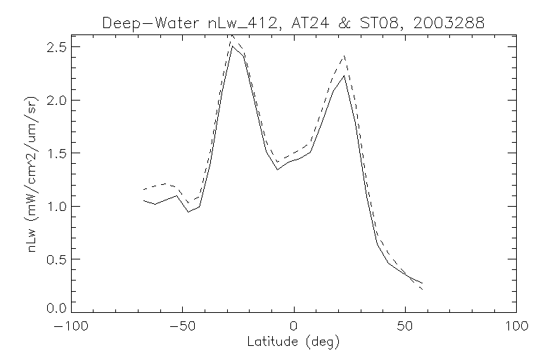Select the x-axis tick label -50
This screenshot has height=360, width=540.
tap(181, 327)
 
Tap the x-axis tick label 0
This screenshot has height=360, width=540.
tap(294, 327)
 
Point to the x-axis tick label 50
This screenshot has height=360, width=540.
tap(405, 327)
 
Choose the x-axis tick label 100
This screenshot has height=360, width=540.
tap(516, 327)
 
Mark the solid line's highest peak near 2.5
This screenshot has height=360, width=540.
tap(232, 46)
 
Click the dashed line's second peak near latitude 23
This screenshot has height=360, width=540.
tap(345, 55)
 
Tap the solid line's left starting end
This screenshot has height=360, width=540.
tap(143, 200)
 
